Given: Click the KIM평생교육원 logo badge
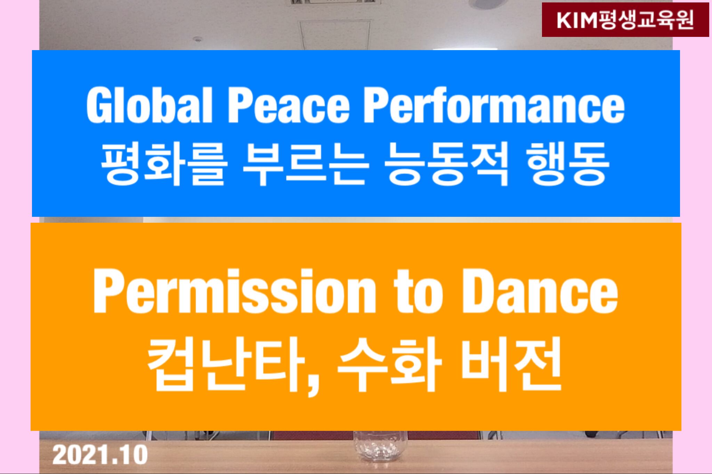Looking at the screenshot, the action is point(625,19).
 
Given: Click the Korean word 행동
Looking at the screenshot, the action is point(568,165).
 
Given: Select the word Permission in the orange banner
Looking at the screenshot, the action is point(234,292).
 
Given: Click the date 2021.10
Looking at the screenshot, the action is point(100,455).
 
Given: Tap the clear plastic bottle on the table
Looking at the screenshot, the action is point(380,451).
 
